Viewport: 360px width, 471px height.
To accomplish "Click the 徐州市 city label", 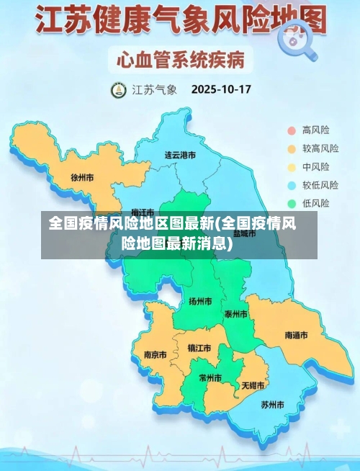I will point(82,176).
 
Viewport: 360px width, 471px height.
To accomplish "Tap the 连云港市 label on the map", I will point(180,155).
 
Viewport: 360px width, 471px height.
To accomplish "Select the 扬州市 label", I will point(200,301).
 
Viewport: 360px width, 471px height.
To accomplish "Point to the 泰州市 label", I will point(235,314).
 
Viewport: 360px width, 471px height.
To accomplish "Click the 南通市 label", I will point(296,336).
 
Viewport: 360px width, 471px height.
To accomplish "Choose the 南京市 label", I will point(155,354).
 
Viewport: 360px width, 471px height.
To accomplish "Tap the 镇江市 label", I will point(199,348).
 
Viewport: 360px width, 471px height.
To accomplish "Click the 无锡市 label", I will point(253,385).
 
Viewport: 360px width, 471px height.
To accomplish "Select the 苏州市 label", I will point(273,404).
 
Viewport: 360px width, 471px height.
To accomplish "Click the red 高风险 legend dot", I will point(292,130).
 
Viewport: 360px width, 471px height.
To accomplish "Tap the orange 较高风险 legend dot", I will point(292,149).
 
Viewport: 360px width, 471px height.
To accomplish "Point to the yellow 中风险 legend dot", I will point(292,167).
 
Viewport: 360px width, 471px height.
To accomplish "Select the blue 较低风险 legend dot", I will point(292,185).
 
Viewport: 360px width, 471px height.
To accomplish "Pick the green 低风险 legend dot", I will point(292,203).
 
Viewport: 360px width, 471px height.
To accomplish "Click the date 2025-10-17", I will point(220,91).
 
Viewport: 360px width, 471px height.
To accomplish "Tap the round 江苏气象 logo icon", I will point(117,91).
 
